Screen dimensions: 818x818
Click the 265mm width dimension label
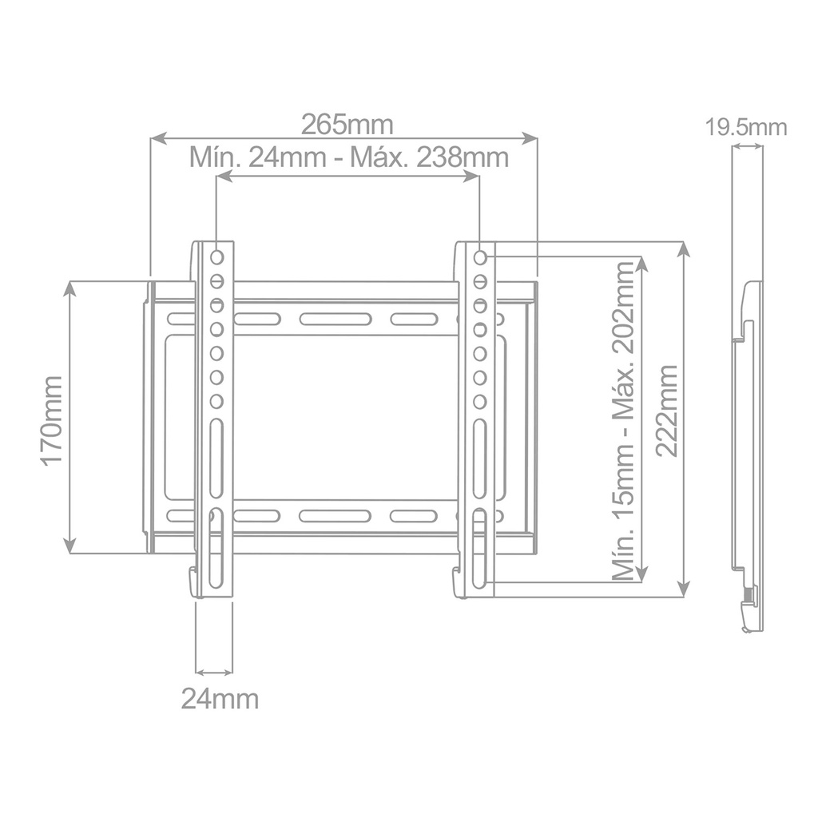[347, 125]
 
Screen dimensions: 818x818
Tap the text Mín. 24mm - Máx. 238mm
[348, 157]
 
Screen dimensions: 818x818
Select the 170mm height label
[50, 420]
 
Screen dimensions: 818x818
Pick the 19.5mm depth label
[746, 127]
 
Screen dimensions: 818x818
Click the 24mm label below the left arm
[219, 699]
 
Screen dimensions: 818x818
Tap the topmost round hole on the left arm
[216, 257]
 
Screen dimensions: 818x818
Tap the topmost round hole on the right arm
[479, 257]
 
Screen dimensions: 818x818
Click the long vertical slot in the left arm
[216, 460]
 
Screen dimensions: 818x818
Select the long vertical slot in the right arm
[479, 460]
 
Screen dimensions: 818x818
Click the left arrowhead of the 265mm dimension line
[157, 139]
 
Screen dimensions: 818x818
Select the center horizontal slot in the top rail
[335, 320]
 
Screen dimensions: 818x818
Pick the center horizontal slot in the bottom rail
[335, 516]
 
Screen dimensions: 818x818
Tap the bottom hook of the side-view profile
[749, 615]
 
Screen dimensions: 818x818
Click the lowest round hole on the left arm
[216, 401]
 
